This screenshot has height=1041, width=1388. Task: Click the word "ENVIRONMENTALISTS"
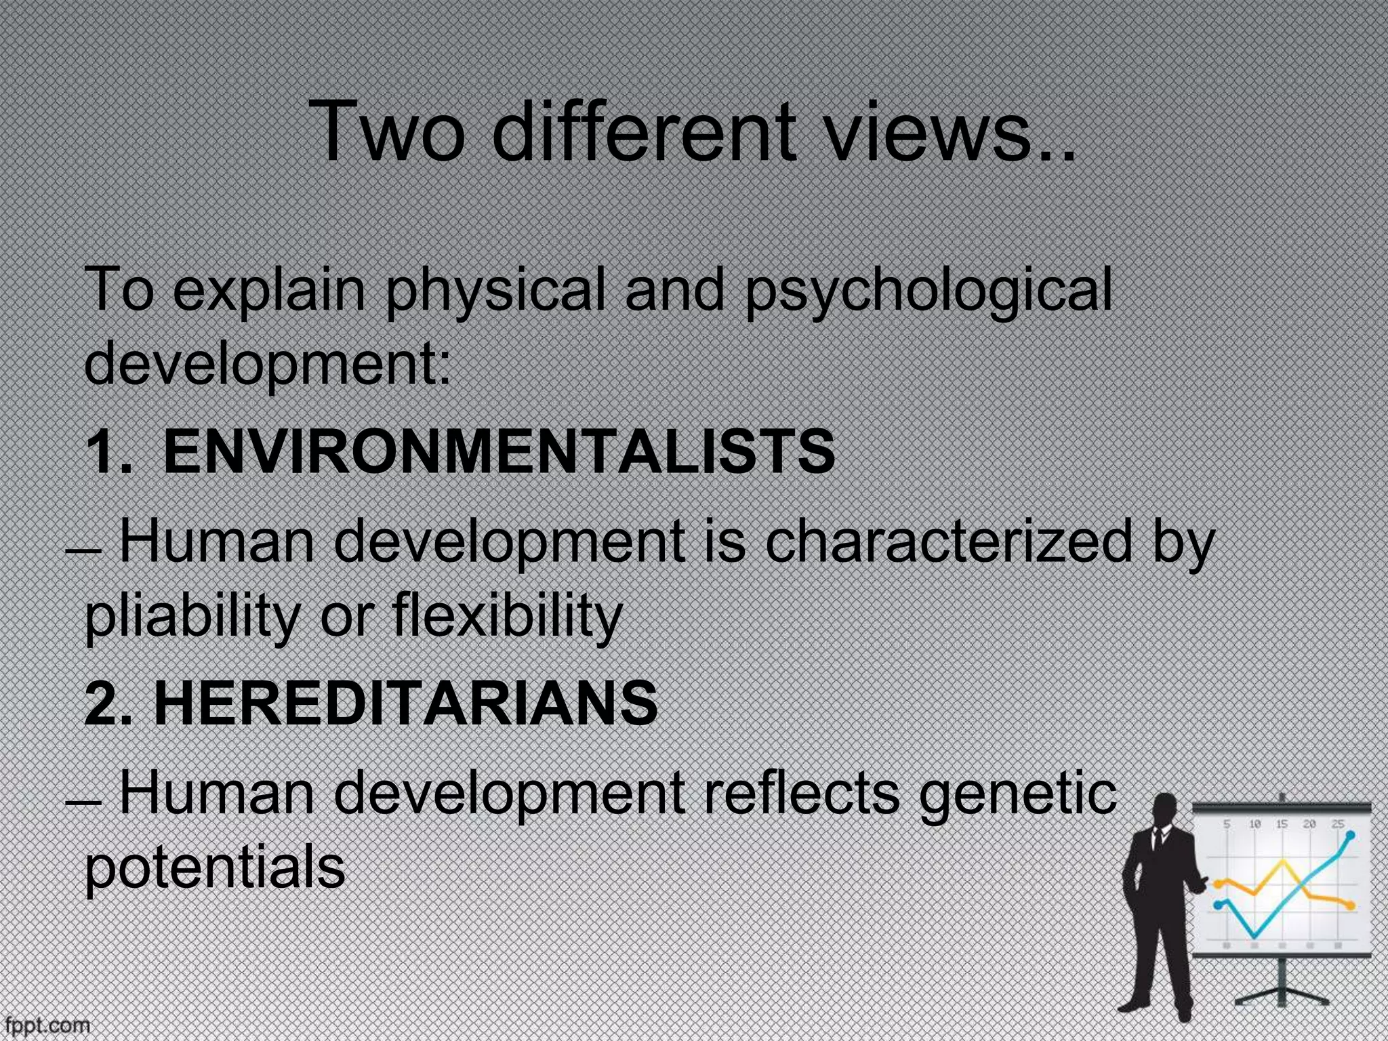point(499,452)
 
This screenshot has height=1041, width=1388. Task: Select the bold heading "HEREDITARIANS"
point(405,703)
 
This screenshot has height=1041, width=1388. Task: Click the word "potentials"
point(215,869)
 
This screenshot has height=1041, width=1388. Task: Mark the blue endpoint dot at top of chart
point(1351,835)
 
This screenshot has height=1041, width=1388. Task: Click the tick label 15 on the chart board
point(1282,824)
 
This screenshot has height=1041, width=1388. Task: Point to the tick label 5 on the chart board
point(1227,824)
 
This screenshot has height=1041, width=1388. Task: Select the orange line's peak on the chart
point(1282,863)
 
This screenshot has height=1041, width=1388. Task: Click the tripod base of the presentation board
point(1281,996)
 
